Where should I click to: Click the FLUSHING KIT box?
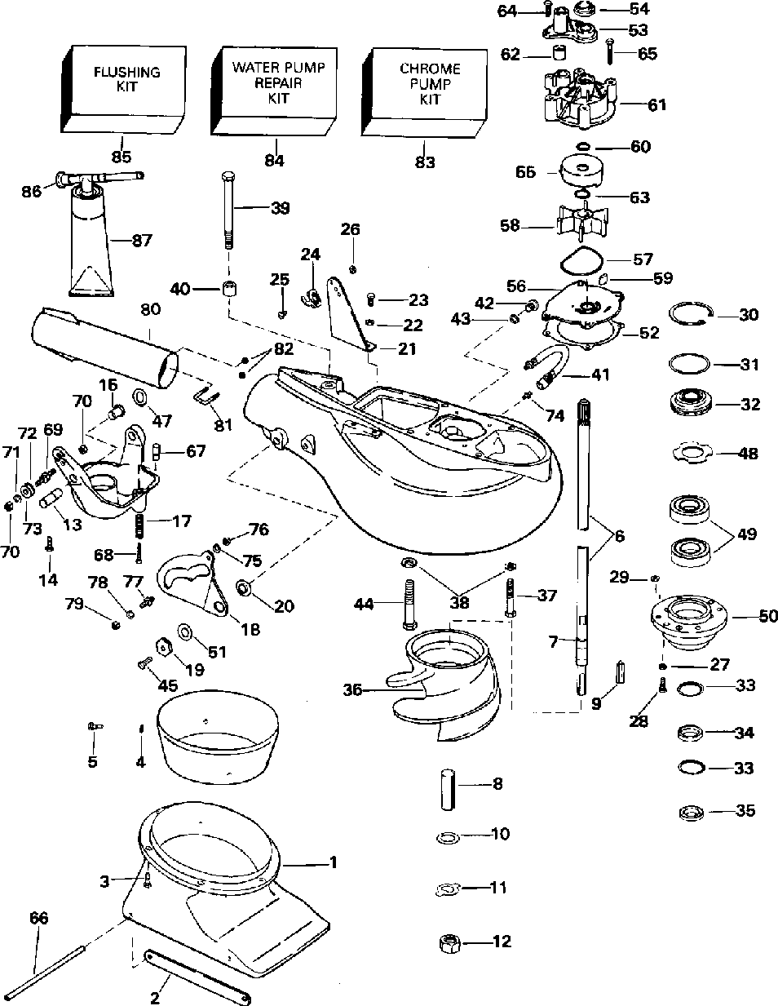pos(123,90)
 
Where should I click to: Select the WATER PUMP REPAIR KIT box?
pos(274,91)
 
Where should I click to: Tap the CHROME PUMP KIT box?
pos(424,92)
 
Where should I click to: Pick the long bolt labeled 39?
pos(228,211)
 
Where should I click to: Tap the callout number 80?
pos(150,309)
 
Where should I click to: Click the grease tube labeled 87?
pos(91,239)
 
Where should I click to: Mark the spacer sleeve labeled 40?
pos(228,290)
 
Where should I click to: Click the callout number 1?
pos(333,862)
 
